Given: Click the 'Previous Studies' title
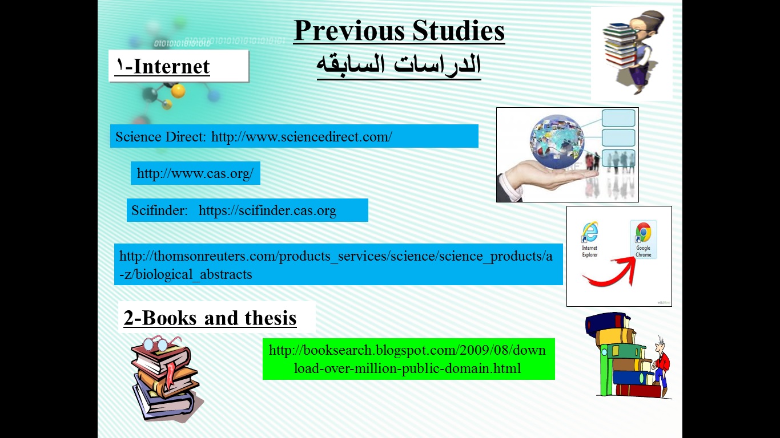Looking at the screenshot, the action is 399,31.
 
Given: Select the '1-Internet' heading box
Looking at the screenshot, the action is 179,66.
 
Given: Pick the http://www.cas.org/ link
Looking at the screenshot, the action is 195,173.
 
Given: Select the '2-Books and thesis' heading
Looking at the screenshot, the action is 210,318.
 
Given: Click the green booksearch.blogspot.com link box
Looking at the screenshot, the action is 408,359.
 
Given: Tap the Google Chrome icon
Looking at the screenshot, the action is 643,240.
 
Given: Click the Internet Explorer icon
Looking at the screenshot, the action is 590,240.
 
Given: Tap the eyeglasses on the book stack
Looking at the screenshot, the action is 160,343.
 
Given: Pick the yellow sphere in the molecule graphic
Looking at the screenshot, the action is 178,91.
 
